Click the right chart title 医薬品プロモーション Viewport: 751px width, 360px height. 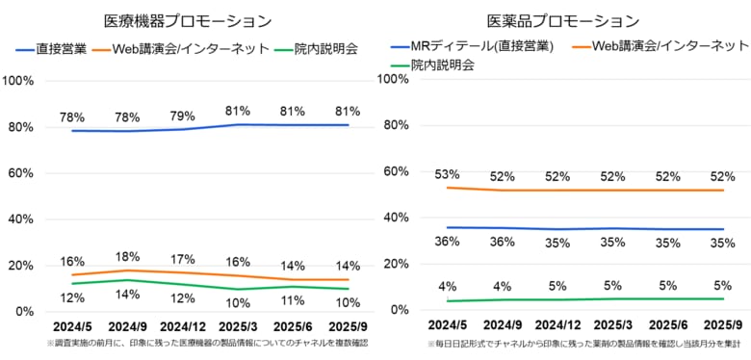click(x=563, y=20)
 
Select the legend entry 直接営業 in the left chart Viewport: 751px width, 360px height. click(x=57, y=47)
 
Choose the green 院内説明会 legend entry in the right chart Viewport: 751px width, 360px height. click(x=442, y=65)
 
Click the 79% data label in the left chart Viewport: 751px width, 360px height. click(x=183, y=116)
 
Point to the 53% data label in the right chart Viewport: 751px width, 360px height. click(x=447, y=174)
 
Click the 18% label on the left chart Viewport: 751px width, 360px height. click(x=127, y=257)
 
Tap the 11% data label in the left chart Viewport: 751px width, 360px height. click(x=294, y=300)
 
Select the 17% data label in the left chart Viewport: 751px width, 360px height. click(x=183, y=259)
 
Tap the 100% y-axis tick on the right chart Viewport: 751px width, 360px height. click(x=400, y=79)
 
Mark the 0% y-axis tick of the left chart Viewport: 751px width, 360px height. click(x=23, y=312)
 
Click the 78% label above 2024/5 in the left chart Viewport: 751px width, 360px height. click(x=72, y=117)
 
